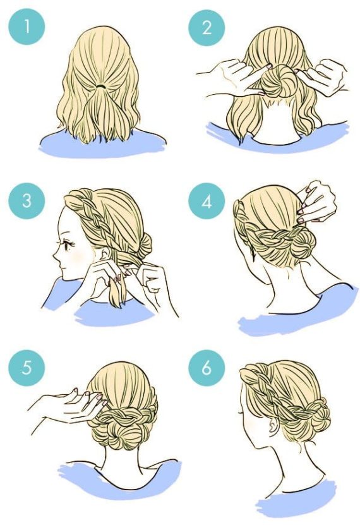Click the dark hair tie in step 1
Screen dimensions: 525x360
coord(101,85)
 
